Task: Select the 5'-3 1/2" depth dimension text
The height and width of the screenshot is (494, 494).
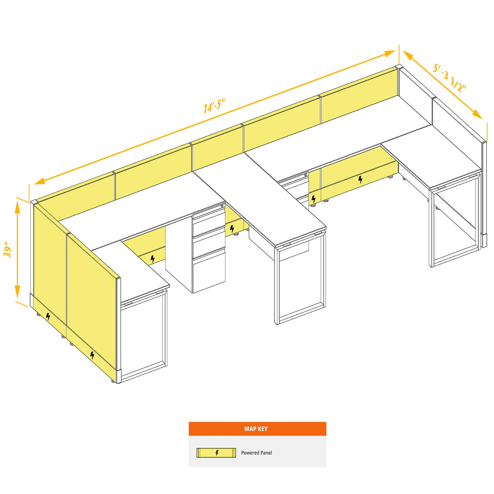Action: pos(449,78)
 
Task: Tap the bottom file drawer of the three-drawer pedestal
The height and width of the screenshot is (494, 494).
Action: pos(209,271)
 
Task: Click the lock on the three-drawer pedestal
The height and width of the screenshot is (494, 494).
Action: pos(222,206)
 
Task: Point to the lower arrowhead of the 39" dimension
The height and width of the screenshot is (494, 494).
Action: pos(17,292)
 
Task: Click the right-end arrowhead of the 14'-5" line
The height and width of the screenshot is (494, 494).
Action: pos(389,54)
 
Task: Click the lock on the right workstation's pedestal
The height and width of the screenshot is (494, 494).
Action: pos(306,175)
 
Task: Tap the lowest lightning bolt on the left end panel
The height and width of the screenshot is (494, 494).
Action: pos(92,355)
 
